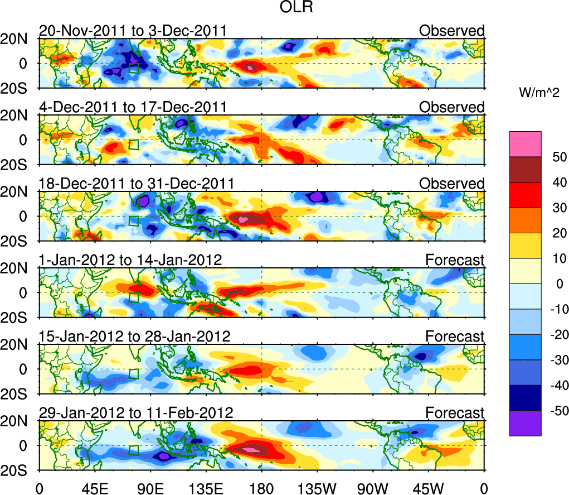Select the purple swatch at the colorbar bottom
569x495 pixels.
[524, 423]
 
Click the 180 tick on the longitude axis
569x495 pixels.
[261, 487]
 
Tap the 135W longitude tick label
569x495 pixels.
[317, 487]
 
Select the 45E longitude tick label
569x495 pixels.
[94, 487]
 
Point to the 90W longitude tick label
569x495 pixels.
[373, 487]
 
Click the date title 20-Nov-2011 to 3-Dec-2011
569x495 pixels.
[133, 31]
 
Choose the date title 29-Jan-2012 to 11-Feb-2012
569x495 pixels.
[136, 413]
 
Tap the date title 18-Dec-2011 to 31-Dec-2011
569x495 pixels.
[136, 184]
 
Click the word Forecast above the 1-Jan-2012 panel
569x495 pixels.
[455, 260]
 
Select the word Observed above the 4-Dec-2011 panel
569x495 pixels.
[451, 107]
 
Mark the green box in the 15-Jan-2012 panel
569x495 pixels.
[133, 374]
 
